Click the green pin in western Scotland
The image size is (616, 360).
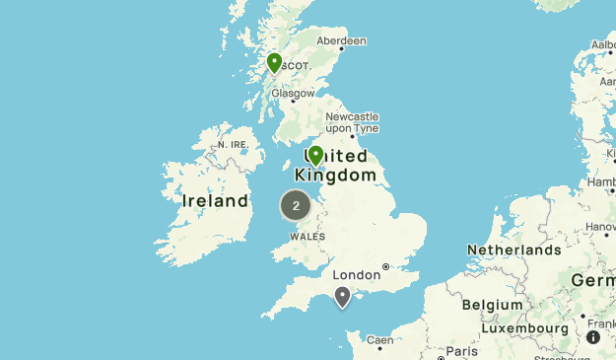(274, 63)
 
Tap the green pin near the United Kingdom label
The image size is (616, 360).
(315, 156)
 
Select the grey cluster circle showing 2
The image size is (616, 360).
(296, 205)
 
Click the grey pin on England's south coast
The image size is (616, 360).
(342, 296)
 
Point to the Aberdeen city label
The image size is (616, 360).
(342, 41)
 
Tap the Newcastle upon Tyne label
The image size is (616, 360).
(352, 122)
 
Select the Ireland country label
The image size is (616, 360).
(216, 201)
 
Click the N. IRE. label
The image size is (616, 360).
(234, 145)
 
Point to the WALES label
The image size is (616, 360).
(307, 237)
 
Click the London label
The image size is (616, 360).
(356, 275)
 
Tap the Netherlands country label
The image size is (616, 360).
(513, 250)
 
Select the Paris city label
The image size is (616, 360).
(461, 351)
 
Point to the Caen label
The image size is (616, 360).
(379, 340)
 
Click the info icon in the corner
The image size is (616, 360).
(593, 337)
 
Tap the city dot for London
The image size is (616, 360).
(385, 266)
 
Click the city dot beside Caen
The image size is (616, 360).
(380, 349)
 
